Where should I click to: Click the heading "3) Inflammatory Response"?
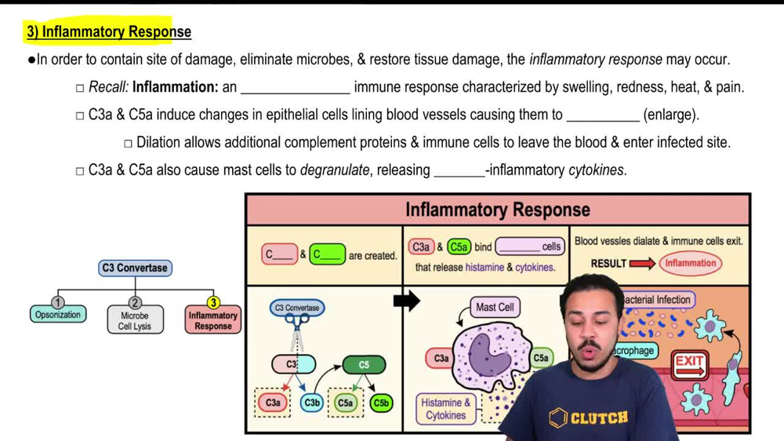point(109,32)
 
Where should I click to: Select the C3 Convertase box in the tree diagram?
point(135,268)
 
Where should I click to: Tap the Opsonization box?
point(58,315)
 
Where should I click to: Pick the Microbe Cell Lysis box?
point(135,321)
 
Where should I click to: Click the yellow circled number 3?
point(212,302)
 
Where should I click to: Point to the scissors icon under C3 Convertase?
point(297,337)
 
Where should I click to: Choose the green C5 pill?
point(364,365)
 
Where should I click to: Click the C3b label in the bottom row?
point(312,403)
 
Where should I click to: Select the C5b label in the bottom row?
point(381,403)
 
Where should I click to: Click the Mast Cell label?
point(495,308)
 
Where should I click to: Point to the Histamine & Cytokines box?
point(446,409)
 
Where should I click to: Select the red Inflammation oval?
point(690,264)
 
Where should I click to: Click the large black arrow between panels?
point(406,301)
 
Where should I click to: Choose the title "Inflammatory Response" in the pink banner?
point(497,210)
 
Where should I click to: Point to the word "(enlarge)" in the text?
point(670,115)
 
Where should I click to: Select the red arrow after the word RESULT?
point(642,264)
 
